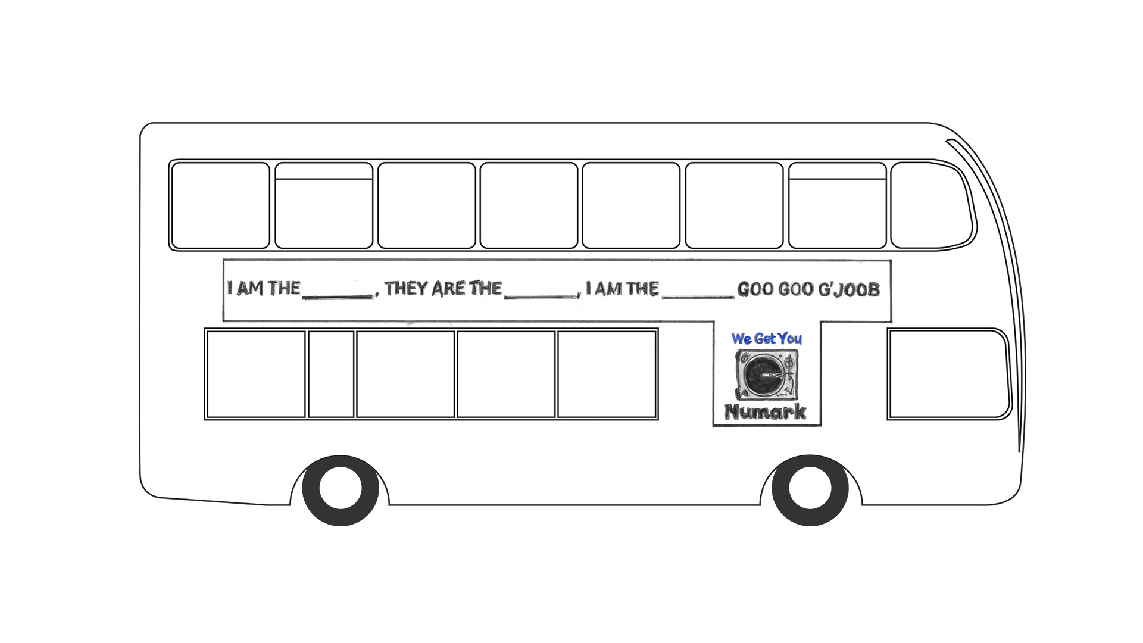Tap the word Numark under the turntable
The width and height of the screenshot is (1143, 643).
point(766,411)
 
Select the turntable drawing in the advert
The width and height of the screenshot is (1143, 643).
point(767,374)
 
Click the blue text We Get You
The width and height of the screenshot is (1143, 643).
point(767,339)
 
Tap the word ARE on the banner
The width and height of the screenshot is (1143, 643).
point(449,289)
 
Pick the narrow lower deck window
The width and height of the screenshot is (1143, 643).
point(331,374)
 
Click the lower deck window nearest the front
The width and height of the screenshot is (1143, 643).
point(949,374)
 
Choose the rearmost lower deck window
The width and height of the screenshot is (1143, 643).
point(255,374)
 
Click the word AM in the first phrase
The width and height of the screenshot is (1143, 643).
point(250,289)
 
